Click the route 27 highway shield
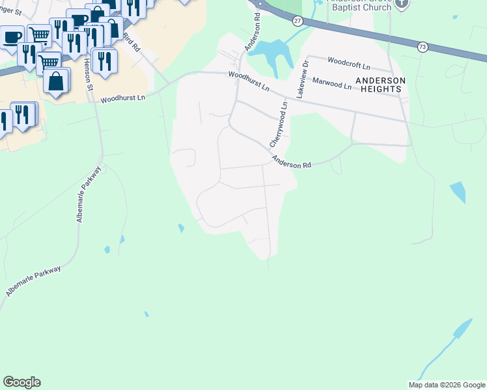pyautogui.click(x=298, y=21)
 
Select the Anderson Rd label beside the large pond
pyautogui.click(x=253, y=34)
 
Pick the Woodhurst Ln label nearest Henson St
pyautogui.click(x=123, y=97)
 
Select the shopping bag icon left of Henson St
pyautogui.click(x=57, y=81)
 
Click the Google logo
pyautogui.click(x=21, y=382)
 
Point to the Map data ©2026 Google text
pyautogui.click(x=447, y=385)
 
